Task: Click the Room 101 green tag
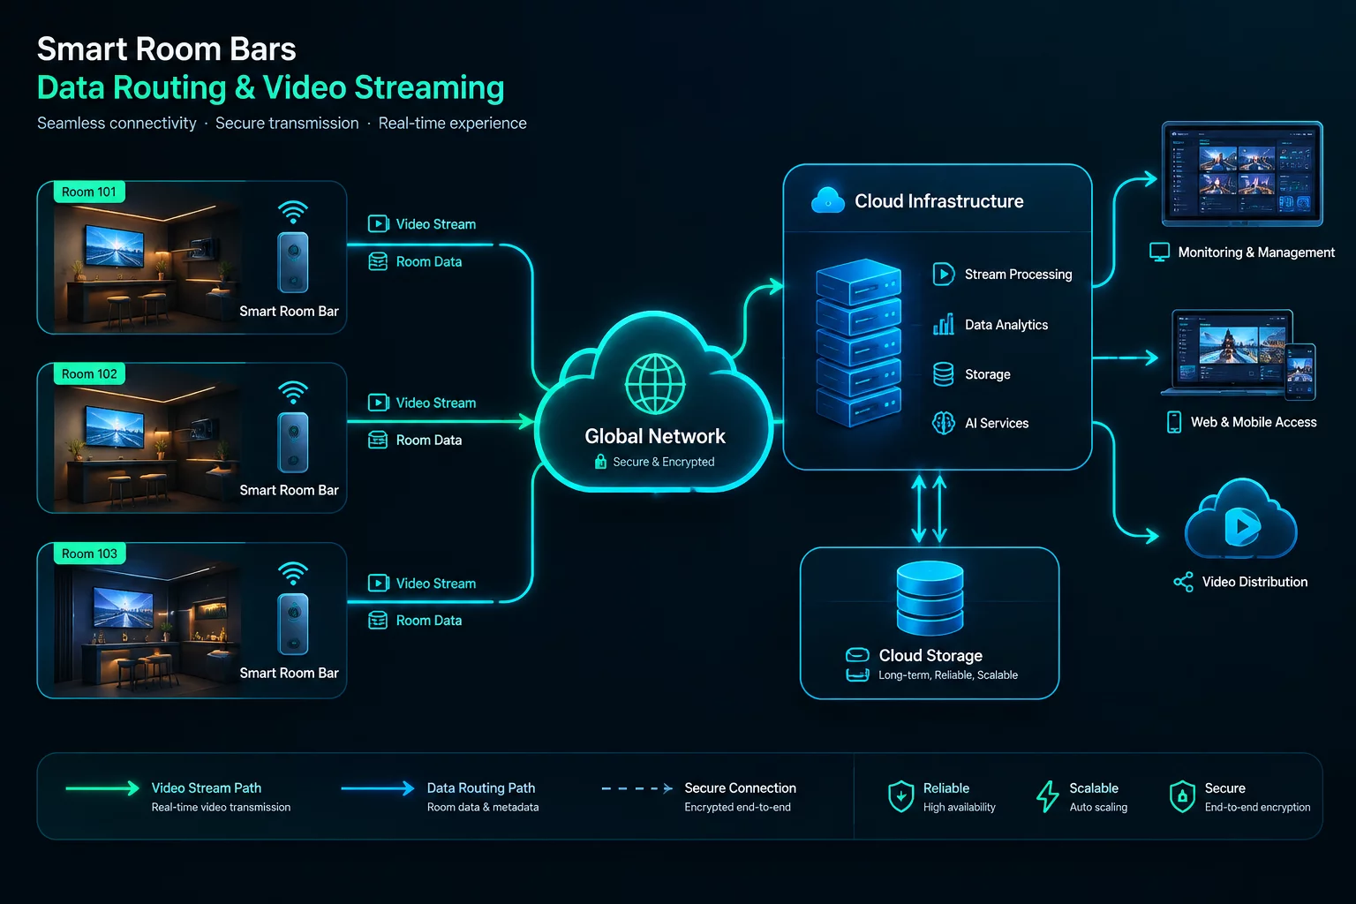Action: (x=89, y=192)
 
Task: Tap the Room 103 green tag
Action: (x=89, y=554)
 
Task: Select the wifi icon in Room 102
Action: (x=293, y=392)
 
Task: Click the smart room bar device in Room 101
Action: (x=293, y=262)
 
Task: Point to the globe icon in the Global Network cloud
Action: (x=655, y=384)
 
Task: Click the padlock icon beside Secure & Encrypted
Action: (x=600, y=462)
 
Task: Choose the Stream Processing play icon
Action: (x=943, y=275)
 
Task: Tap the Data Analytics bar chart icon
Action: (x=943, y=325)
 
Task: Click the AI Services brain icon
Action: (x=943, y=423)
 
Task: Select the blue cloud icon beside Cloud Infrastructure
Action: (x=827, y=200)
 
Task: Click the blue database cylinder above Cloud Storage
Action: (x=930, y=598)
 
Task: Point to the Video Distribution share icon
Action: (x=1184, y=582)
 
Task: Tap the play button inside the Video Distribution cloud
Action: (x=1242, y=526)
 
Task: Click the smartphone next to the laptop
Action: (x=1300, y=372)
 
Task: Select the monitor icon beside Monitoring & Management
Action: (x=1159, y=252)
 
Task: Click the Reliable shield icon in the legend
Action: (x=900, y=796)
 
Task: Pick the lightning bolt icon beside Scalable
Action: (x=1047, y=796)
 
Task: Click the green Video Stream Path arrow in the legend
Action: (x=102, y=787)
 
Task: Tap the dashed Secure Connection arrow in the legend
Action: (x=637, y=788)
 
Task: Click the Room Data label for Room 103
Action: (x=428, y=620)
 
